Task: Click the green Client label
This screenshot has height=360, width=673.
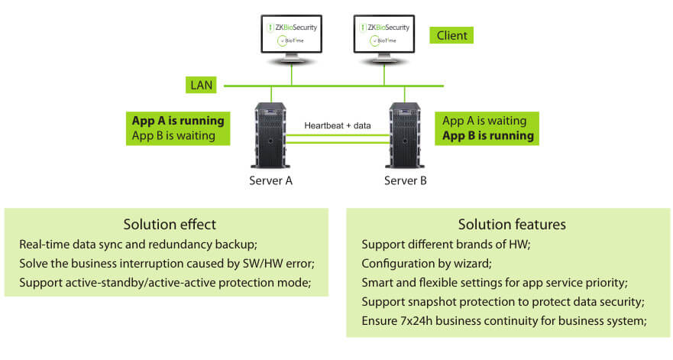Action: tap(451, 35)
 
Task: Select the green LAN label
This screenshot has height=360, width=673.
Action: tap(201, 84)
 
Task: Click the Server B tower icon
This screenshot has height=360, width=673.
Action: tap(405, 138)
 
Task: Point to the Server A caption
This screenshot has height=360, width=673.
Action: tap(270, 181)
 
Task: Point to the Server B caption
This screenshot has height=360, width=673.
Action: tap(405, 181)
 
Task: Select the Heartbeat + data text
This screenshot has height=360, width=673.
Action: tap(338, 125)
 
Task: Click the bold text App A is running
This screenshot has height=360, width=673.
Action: tap(178, 121)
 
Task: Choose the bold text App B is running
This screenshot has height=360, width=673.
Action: tap(488, 137)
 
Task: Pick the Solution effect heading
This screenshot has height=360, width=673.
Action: tap(170, 225)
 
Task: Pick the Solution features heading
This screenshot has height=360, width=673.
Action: tap(512, 225)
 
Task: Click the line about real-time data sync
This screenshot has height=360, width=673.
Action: tap(138, 245)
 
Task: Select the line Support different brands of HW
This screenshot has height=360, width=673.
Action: tap(445, 245)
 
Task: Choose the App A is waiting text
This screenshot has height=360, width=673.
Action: tap(484, 121)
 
